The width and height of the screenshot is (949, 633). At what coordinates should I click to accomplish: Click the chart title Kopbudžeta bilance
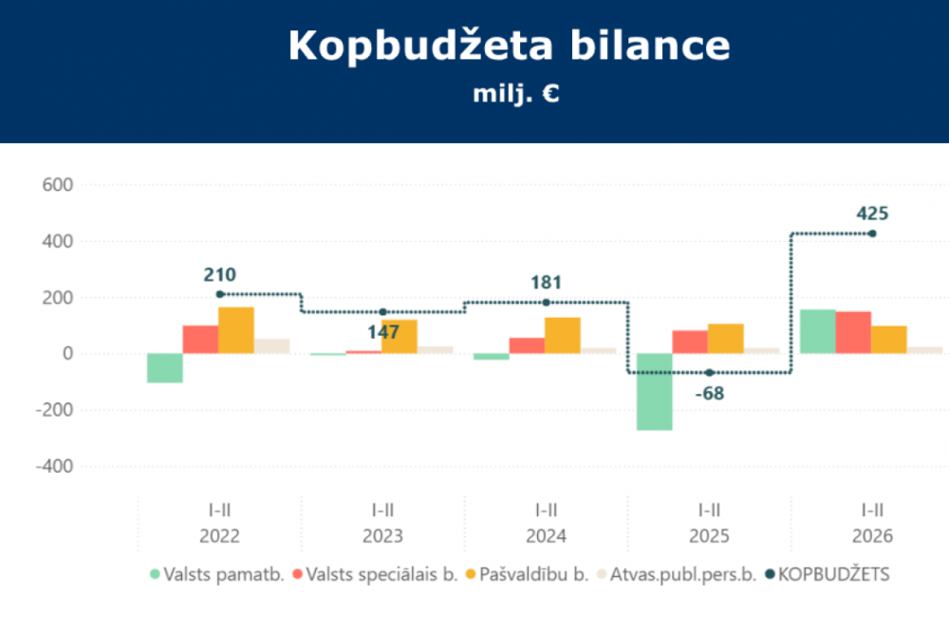click(x=510, y=46)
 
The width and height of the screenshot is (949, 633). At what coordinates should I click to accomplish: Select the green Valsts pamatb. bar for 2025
click(x=654, y=391)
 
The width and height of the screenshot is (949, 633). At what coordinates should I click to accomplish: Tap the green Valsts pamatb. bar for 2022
click(x=164, y=368)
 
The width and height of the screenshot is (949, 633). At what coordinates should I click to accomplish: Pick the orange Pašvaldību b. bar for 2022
click(x=236, y=330)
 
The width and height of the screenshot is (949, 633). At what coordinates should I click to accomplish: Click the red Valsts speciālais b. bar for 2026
click(x=853, y=332)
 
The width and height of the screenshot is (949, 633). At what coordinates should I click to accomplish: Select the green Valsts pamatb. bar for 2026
click(x=818, y=331)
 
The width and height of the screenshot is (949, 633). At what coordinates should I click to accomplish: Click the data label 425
click(x=872, y=214)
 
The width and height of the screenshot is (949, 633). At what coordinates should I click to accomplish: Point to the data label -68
click(x=709, y=393)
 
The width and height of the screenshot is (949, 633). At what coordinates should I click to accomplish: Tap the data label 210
click(x=219, y=275)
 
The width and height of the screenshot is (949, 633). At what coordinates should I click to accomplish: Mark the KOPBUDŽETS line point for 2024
click(x=546, y=303)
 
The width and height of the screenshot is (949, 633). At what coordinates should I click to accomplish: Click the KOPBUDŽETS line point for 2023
click(x=382, y=312)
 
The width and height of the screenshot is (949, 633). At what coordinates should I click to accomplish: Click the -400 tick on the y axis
click(x=55, y=467)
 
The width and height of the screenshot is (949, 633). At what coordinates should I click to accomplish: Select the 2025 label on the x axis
click(x=709, y=536)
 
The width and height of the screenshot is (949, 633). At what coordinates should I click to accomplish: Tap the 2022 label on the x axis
click(x=219, y=536)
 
